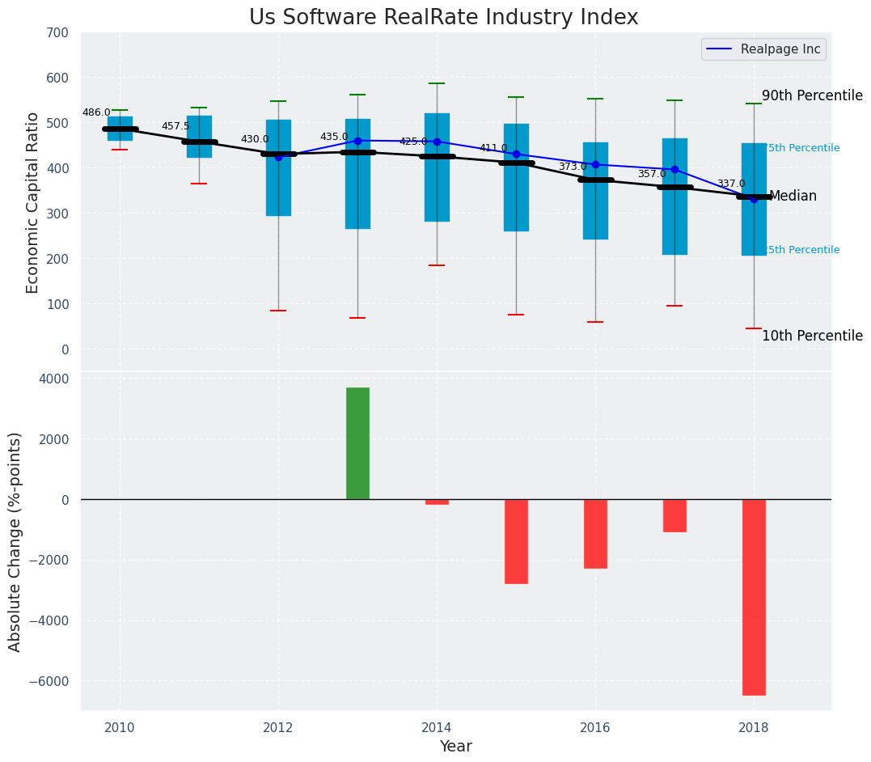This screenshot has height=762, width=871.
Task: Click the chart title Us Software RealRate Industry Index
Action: click(443, 18)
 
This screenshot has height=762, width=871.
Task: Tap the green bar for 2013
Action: click(357, 443)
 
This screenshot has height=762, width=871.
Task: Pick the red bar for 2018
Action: click(754, 597)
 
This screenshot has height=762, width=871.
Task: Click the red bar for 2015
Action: click(516, 541)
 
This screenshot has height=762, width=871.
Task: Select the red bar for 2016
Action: click(595, 534)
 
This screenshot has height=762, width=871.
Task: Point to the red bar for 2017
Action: click(674, 515)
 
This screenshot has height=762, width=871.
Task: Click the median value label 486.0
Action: click(96, 113)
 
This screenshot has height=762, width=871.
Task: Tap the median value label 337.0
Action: click(731, 184)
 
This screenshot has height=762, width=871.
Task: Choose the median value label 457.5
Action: click(175, 127)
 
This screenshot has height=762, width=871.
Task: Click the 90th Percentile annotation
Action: click(812, 95)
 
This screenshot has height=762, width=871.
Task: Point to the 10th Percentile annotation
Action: click(812, 336)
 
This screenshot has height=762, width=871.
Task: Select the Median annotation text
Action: click(793, 197)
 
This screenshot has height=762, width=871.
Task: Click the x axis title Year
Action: click(455, 747)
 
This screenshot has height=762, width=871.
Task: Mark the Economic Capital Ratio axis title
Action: click(33, 202)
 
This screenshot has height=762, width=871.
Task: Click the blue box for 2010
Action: click(120, 129)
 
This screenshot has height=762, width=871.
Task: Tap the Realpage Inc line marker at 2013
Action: click(357, 140)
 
